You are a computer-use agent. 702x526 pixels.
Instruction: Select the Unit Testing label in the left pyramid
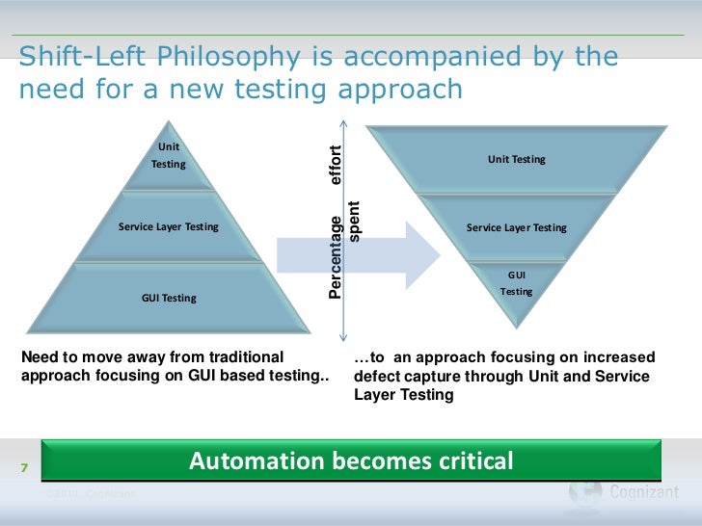click(169, 155)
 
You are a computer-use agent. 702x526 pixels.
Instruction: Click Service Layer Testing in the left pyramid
click(169, 227)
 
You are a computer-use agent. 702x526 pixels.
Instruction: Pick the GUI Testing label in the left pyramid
click(169, 298)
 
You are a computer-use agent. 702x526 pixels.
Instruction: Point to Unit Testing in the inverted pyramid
click(516, 159)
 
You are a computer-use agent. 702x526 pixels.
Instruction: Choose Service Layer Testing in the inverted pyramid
click(516, 228)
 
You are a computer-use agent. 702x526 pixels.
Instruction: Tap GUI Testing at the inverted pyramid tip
click(516, 282)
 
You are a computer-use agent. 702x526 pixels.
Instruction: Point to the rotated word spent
click(354, 222)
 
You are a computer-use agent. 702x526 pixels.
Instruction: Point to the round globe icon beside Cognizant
click(584, 493)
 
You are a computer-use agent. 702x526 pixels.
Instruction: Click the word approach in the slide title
click(399, 90)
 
